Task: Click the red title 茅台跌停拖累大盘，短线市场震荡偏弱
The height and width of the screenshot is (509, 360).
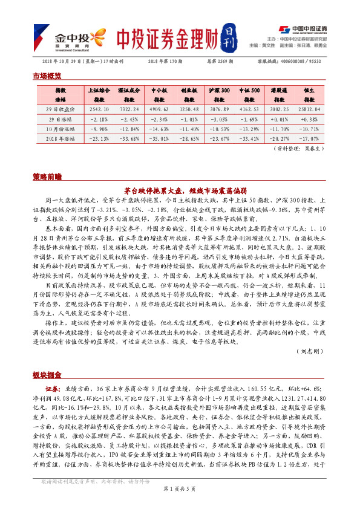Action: click(180, 189)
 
